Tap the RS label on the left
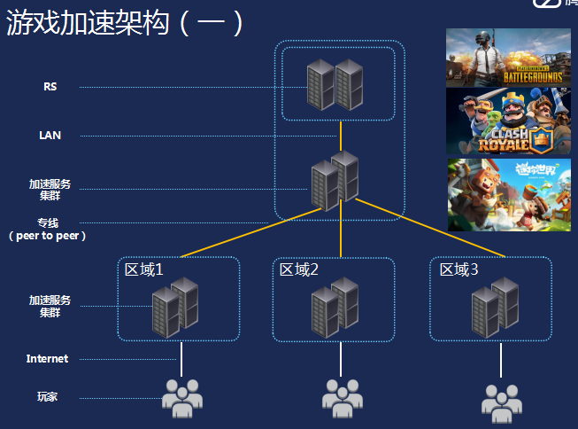(50, 87)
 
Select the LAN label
(50, 136)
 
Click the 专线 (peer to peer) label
(48, 229)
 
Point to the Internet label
(47, 359)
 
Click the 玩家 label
(48, 397)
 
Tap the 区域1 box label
(143, 269)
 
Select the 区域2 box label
(298, 269)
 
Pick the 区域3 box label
(459, 269)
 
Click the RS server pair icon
(335, 84)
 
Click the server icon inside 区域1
(174, 307)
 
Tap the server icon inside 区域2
(335, 307)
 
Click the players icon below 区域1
(181, 399)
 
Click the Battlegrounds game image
(508, 58)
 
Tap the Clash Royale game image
(508, 121)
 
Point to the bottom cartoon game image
(508, 194)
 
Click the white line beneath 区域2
(341, 358)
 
